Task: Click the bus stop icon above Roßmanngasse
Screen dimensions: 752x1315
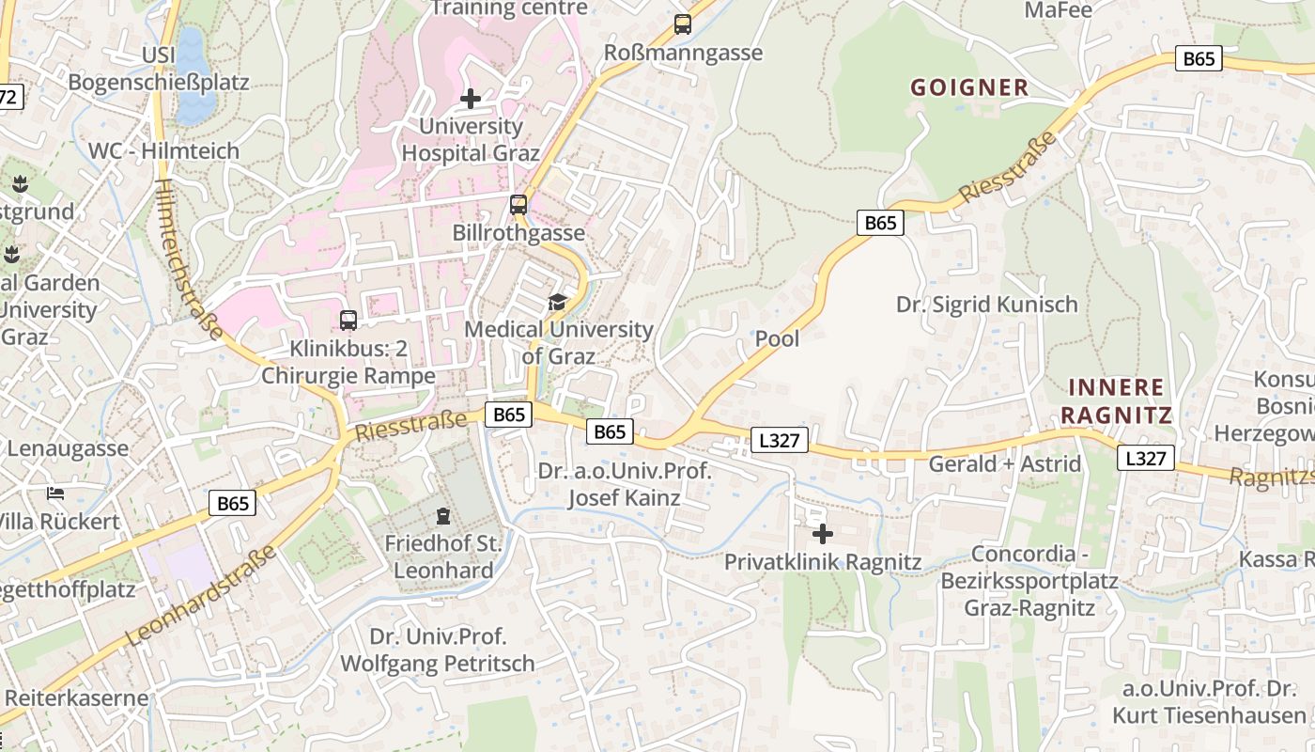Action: [683, 24]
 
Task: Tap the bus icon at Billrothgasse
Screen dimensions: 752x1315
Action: [518, 204]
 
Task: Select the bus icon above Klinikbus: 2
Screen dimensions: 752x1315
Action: [348, 320]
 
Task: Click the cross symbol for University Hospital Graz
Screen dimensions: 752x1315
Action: [471, 98]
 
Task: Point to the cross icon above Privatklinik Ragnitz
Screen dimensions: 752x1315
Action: [823, 534]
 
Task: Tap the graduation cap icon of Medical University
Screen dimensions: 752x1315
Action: [558, 302]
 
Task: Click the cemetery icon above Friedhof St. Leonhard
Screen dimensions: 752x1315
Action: [442, 515]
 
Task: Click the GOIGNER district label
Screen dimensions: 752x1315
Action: [969, 87]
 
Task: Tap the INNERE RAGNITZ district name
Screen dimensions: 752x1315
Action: [1116, 401]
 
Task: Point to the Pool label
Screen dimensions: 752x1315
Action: [778, 338]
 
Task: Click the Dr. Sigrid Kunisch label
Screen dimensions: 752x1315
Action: [986, 305]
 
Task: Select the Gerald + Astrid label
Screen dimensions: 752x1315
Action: [1004, 463]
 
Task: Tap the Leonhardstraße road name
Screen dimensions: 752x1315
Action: [201, 594]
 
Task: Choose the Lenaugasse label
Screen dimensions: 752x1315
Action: [68, 447]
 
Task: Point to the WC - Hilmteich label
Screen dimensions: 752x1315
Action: [163, 150]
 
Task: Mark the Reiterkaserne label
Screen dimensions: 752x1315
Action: [77, 697]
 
